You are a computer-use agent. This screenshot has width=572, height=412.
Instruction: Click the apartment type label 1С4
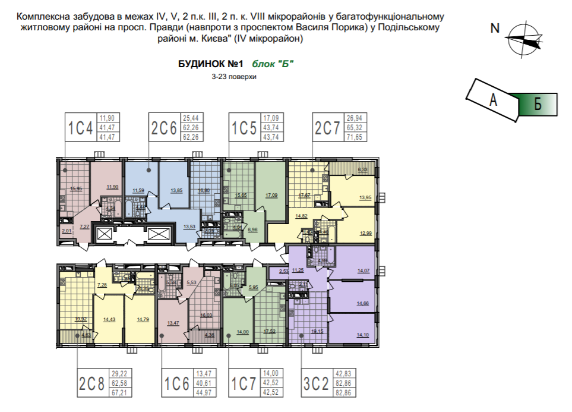[80, 127]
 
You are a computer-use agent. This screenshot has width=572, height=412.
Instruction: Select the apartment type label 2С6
[163, 127]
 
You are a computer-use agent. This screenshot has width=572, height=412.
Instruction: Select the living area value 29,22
[120, 373]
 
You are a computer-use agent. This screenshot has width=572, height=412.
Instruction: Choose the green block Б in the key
[538, 105]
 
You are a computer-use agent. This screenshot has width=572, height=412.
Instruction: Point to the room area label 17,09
[272, 195]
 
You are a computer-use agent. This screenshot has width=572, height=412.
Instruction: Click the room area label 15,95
[75, 188]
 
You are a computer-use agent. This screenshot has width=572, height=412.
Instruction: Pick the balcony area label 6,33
[362, 170]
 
